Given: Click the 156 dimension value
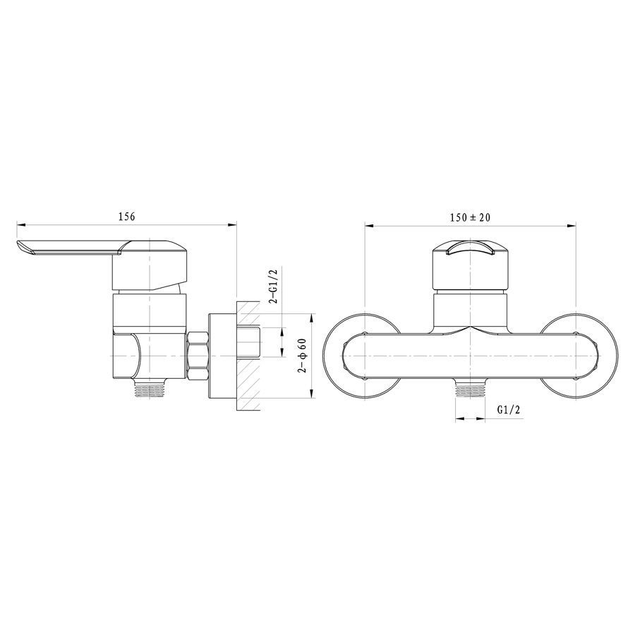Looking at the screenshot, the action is click(126, 217).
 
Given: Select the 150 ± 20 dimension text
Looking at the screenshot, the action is click(470, 217).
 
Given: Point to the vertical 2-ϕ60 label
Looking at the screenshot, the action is click(303, 355).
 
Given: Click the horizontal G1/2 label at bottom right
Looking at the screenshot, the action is click(508, 410).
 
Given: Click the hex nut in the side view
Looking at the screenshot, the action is click(198, 356).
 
